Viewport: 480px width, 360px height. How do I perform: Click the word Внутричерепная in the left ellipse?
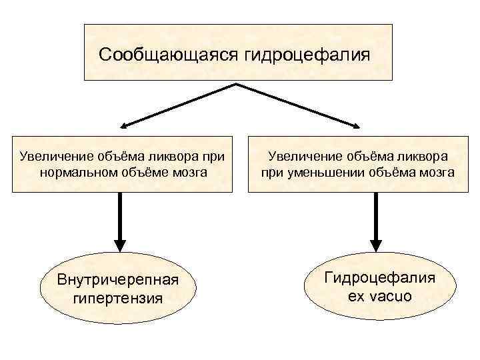pyautogui.click(x=117, y=279)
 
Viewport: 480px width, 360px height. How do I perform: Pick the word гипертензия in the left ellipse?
pyautogui.click(x=117, y=297)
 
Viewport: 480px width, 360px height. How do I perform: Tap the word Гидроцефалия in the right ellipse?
pyautogui.click(x=380, y=277)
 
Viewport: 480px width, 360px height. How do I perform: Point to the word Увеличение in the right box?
pyautogui.click(x=300, y=156)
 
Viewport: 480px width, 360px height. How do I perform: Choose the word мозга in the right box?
pyautogui.click(x=436, y=172)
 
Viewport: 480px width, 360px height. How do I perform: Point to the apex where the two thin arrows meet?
pyautogui.click(x=236, y=84)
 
